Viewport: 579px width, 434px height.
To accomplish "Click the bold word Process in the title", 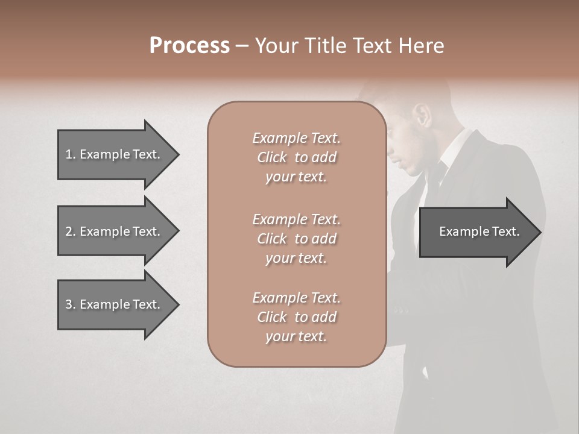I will [x=189, y=46].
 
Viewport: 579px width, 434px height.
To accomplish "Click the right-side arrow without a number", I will [x=479, y=231].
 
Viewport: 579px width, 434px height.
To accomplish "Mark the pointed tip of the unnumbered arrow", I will [x=540, y=232].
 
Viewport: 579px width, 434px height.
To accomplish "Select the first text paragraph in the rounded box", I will [x=296, y=157].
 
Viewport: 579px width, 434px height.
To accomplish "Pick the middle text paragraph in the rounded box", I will [x=296, y=238].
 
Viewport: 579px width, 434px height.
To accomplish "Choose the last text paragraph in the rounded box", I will [x=296, y=317].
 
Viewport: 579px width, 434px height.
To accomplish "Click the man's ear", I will [x=424, y=116].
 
